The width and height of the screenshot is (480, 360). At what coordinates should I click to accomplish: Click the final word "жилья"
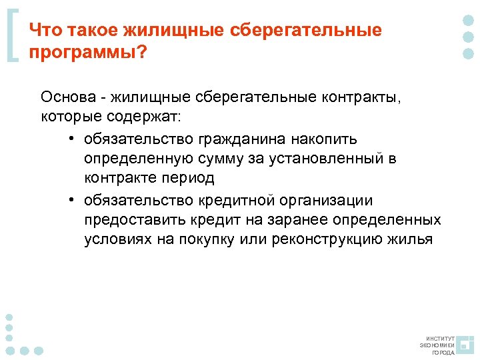coord(409,240)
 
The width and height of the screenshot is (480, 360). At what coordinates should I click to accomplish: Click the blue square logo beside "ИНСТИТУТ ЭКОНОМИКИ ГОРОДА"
coord(465,345)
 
